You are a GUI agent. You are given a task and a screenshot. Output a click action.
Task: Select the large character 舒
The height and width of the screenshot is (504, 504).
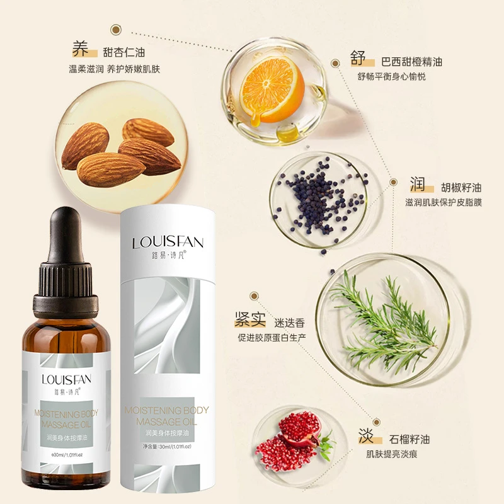tap(359, 59)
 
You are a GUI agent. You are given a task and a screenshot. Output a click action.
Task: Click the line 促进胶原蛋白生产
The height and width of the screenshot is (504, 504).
tap(272, 338)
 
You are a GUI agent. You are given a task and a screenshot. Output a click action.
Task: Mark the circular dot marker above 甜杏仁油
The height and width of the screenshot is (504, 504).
tap(115, 29)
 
